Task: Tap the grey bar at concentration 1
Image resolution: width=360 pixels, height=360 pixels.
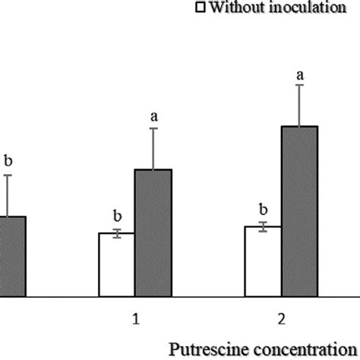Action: (153, 232)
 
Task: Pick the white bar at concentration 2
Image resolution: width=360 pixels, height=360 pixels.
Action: (263, 261)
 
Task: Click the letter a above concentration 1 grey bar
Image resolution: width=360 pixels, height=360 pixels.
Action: (153, 116)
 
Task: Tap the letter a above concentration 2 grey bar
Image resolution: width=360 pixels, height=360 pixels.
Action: (299, 74)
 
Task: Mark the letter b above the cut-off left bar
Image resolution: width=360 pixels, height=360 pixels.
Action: (8, 160)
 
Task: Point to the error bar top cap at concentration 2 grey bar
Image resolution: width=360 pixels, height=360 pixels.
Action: (299, 85)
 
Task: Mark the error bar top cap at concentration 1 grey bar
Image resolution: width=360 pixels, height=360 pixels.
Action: (153, 128)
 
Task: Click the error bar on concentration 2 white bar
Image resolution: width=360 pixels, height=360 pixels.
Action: (263, 226)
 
